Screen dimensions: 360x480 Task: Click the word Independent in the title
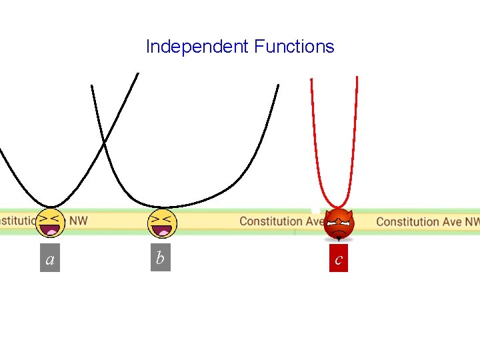pos(197,47)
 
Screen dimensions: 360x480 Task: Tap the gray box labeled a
pos(50,259)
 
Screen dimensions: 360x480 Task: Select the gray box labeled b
pos(159,258)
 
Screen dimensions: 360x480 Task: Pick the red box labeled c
pos(339,259)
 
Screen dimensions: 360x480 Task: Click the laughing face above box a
pos(50,223)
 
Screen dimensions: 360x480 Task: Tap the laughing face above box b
pos(160,223)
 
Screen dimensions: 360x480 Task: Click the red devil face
pos(339,225)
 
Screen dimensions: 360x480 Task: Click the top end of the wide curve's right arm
pos(278,85)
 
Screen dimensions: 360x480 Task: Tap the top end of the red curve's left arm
pos(311,79)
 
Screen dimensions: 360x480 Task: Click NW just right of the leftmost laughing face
pos(78,220)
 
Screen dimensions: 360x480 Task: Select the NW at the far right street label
pos(471,221)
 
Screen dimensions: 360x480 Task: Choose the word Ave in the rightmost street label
pos(450,221)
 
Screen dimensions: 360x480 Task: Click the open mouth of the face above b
pos(160,231)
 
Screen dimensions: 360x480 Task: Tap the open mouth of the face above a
pos(50,231)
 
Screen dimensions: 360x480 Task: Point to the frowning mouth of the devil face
pos(339,233)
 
